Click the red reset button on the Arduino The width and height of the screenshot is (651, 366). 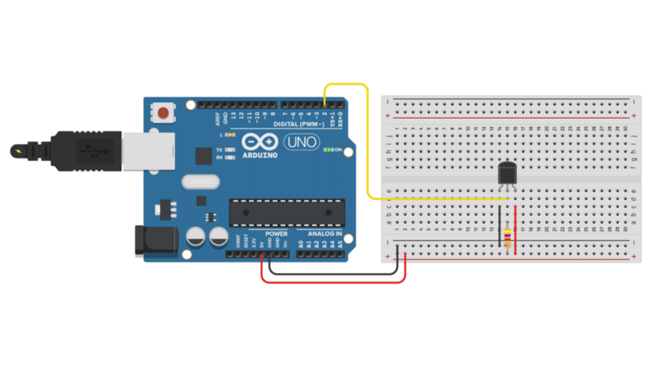coord(165,112)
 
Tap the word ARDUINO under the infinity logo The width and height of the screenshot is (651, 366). coord(261,155)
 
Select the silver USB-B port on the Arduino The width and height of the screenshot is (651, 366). coord(149,150)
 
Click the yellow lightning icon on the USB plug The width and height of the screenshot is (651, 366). coord(18,150)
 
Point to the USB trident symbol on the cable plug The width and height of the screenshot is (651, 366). coord(88,150)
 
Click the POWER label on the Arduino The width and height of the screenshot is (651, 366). coord(276,233)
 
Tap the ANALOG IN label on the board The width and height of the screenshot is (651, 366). coord(325,233)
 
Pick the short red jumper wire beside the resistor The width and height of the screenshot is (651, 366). coord(516,228)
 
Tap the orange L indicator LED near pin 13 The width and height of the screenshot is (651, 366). coord(230,134)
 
